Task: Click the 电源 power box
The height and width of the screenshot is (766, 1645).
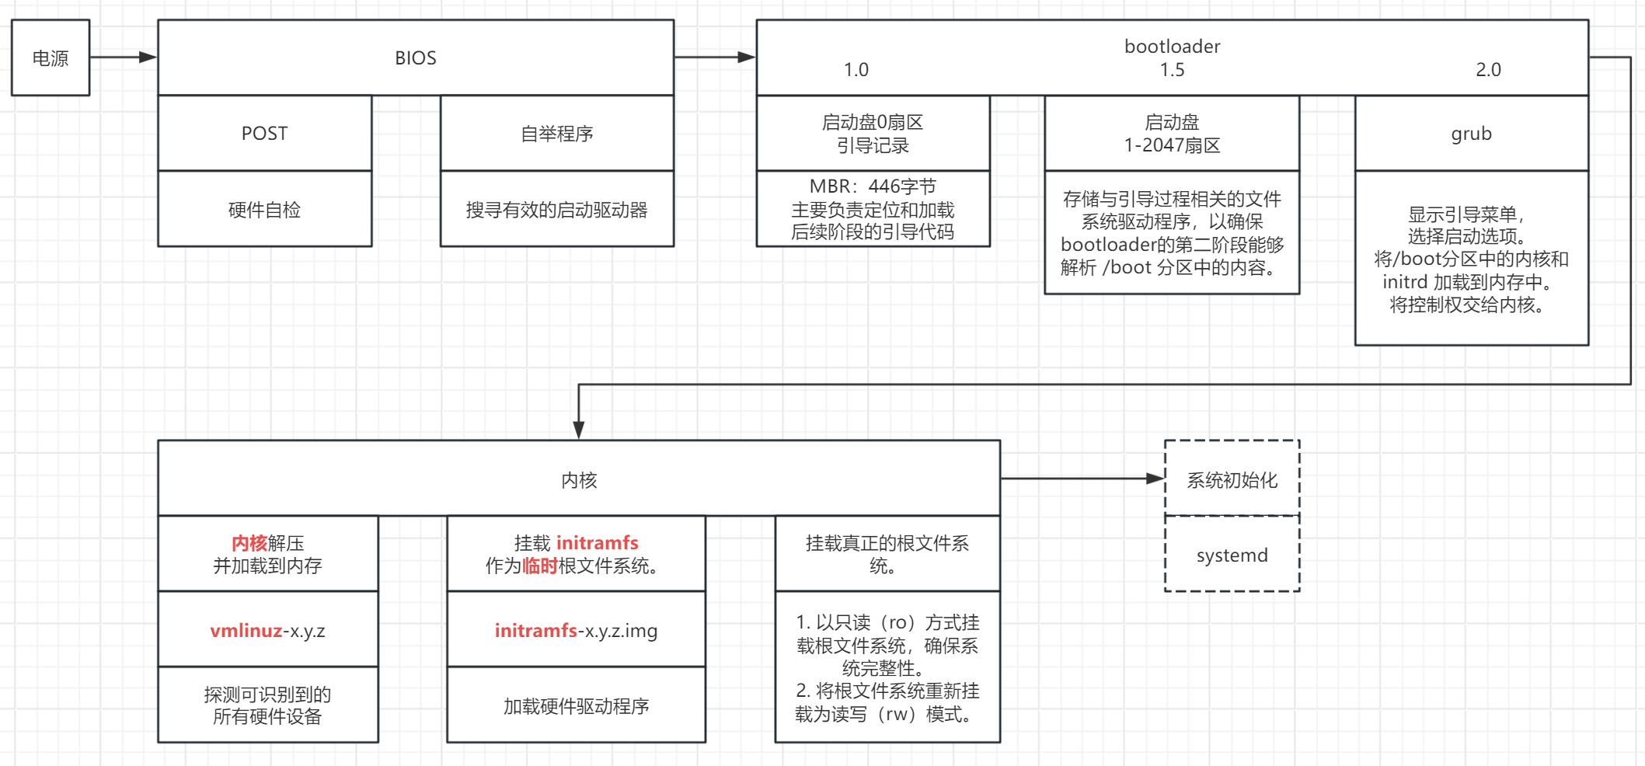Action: [x=51, y=58]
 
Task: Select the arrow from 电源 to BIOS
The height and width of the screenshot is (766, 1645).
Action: [x=123, y=57]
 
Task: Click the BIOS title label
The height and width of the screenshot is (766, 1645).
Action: [x=416, y=58]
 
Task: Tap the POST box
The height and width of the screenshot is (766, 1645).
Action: [x=264, y=134]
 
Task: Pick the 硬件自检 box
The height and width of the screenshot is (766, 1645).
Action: [x=264, y=210]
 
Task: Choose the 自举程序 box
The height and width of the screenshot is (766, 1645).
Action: [x=556, y=134]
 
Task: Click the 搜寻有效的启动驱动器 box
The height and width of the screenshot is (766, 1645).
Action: [x=556, y=210]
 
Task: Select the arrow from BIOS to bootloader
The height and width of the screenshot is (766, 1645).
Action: [x=713, y=57]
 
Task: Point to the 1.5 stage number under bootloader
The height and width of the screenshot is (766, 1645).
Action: [x=1172, y=70]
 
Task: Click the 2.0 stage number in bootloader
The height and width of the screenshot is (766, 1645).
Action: [x=1488, y=70]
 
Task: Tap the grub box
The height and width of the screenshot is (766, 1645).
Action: [x=1471, y=134]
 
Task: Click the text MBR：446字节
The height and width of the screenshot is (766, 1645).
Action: [x=873, y=186]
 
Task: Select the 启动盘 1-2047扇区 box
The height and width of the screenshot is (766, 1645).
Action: [x=1172, y=134]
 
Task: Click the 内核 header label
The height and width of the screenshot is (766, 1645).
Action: [x=579, y=480]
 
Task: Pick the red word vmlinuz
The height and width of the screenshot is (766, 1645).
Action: [x=246, y=631]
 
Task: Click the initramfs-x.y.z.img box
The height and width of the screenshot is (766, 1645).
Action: [x=576, y=631]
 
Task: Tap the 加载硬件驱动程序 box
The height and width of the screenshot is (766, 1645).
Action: [x=576, y=706]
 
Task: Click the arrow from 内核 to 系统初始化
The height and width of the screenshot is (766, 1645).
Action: [x=1080, y=479]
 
